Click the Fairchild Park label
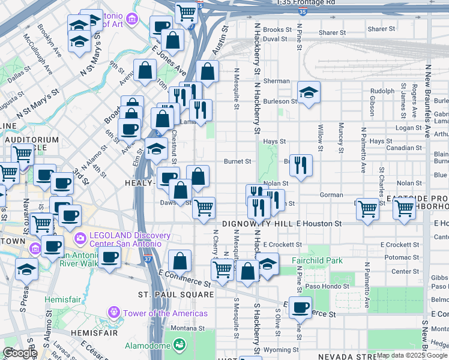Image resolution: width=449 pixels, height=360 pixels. pyautogui.click(x=316, y=261)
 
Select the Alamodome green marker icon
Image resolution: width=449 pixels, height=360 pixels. pyautogui.click(x=178, y=345)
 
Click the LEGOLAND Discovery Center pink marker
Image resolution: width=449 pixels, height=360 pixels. pyautogui.click(x=80, y=239)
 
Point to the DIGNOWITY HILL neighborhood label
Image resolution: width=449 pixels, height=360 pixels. pyautogui.click(x=257, y=223)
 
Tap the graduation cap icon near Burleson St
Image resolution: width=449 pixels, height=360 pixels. pyautogui.click(x=309, y=92)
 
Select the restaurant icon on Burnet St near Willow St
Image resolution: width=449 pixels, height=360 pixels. pyautogui.click(x=301, y=166)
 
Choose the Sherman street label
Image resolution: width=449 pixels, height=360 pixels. pyautogui.click(x=276, y=81)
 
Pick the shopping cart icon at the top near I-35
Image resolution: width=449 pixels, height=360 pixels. pyautogui.click(x=187, y=12)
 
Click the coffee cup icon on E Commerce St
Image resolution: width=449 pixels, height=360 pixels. pyautogui.click(x=300, y=308)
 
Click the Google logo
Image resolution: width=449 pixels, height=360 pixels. pyautogui.click(x=20, y=353)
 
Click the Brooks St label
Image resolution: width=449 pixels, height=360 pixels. pyautogui.click(x=277, y=29)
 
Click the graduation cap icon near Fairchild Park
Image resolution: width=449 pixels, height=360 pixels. pyautogui.click(x=267, y=264)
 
